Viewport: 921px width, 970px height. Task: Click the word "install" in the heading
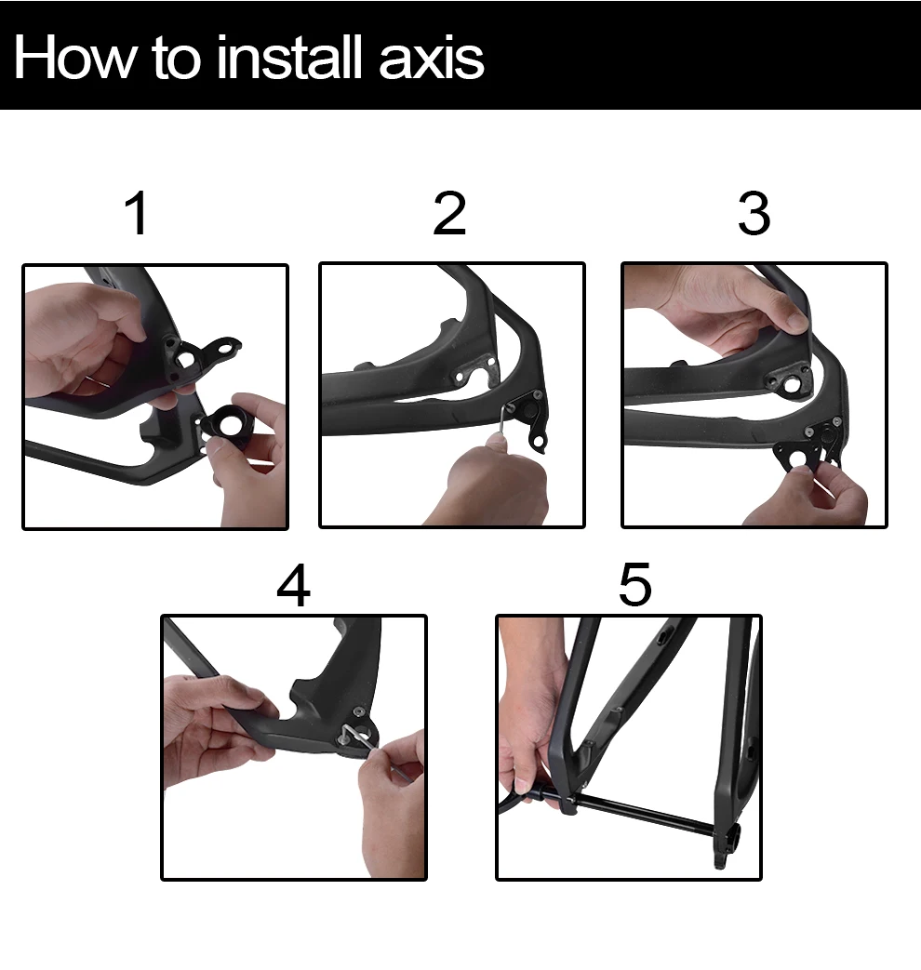pos(289,58)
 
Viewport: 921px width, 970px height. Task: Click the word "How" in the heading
pos(74,58)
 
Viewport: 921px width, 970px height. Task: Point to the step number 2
pos(449,213)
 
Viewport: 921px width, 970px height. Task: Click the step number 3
pos(754,213)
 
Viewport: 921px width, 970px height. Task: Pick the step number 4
pos(293,585)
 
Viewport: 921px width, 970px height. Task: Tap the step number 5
pos(635,584)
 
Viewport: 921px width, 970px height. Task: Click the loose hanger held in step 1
pos(227,426)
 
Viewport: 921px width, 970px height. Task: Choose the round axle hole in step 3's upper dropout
pos(792,386)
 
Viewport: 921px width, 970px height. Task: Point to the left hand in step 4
pos(217,724)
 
